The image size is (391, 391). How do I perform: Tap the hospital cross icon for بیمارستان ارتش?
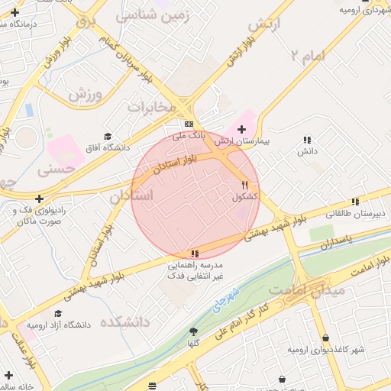click(242, 129)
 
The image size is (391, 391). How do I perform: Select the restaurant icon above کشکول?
click(244, 185)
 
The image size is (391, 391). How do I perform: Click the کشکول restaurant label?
click(244, 197)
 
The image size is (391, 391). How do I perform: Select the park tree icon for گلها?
click(193, 331)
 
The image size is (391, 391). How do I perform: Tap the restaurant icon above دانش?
click(307, 140)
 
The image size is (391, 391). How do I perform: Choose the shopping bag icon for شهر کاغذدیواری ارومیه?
click(327, 338)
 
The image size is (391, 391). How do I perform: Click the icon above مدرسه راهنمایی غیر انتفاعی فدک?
click(195, 254)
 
